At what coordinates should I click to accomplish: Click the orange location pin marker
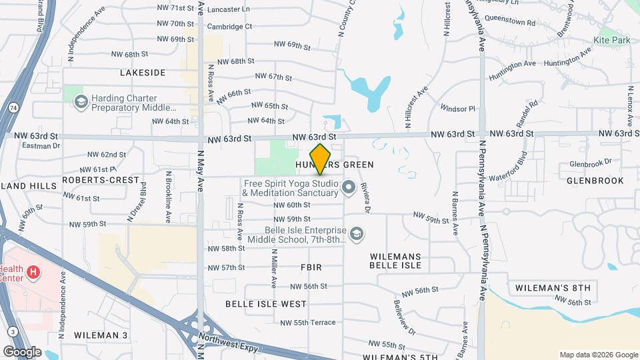320,159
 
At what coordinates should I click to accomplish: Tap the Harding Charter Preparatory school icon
81,102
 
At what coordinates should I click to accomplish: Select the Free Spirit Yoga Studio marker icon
348,189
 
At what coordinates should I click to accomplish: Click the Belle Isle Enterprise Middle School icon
357,233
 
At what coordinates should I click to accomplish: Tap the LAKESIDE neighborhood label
143,72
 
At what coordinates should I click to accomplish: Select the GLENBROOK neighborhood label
589,180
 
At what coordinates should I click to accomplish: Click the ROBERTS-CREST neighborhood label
101,180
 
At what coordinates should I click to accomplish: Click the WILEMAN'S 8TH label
553,288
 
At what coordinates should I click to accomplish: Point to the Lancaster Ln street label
229,10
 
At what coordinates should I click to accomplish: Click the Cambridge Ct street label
229,27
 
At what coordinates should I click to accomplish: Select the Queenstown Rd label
513,22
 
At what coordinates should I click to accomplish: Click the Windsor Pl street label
457,108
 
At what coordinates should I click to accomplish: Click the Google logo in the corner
22,352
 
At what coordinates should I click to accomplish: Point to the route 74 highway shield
13,107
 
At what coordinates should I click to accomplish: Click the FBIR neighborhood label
311,267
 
